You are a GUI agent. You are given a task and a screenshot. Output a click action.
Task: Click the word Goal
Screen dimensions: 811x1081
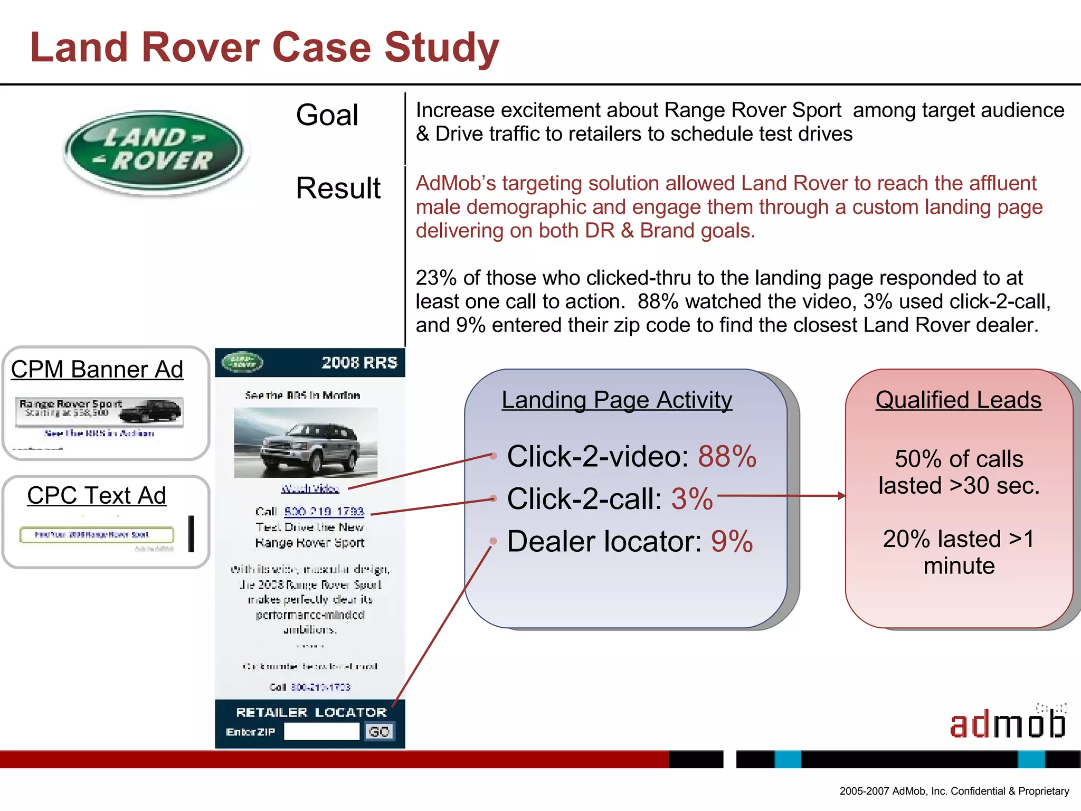(x=327, y=115)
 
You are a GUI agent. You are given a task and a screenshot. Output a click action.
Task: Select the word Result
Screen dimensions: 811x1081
(x=338, y=188)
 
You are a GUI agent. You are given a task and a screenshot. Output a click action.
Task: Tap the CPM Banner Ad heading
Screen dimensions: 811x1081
(x=97, y=369)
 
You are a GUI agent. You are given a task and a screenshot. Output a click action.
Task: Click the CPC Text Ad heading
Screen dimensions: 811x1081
(x=97, y=495)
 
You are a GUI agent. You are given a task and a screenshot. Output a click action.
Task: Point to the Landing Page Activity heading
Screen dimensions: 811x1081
(x=617, y=400)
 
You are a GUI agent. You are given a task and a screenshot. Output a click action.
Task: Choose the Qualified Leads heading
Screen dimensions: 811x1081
(x=959, y=400)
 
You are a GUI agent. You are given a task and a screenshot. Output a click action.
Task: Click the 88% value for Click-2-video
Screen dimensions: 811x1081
(x=727, y=456)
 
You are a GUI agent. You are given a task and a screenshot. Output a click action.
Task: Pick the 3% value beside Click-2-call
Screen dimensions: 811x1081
(x=692, y=498)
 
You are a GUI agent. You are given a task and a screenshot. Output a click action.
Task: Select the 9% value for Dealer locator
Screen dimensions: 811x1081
(x=732, y=541)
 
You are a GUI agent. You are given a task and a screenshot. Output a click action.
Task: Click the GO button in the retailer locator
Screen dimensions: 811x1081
(x=379, y=731)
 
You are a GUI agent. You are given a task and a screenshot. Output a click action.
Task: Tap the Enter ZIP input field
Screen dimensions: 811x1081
(x=321, y=731)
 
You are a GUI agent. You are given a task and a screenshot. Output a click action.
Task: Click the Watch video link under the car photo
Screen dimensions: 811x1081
(x=310, y=488)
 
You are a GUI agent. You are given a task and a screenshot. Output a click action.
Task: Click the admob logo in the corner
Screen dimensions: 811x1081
(x=1007, y=723)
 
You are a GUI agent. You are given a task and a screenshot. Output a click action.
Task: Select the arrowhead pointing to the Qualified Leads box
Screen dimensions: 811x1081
(x=842, y=496)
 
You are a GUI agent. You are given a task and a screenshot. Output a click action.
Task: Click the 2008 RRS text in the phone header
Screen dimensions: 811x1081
(x=359, y=363)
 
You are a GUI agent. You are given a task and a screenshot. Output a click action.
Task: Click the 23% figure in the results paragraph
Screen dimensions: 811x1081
(x=436, y=278)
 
